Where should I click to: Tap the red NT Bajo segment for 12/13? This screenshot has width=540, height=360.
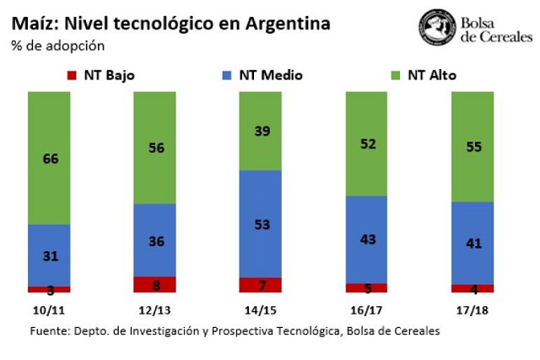point(154,285)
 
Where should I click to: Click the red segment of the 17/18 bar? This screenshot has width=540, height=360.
point(472,288)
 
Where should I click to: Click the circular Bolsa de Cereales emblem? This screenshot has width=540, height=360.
point(437,27)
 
